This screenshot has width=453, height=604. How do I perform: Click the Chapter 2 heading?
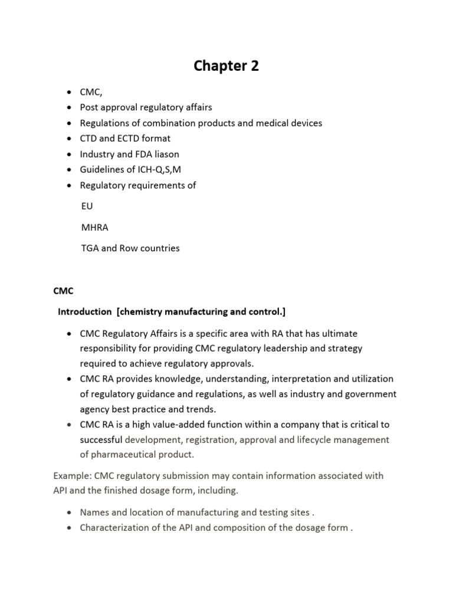(226, 67)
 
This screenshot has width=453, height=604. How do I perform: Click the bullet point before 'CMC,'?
(69, 93)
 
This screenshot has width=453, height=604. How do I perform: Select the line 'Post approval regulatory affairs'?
(146, 107)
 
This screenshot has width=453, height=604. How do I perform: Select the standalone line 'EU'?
(87, 206)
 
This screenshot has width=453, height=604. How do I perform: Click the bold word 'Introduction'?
(84, 311)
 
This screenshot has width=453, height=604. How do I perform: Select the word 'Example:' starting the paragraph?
(71, 476)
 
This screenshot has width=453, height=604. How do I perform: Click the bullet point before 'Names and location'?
(69, 513)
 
